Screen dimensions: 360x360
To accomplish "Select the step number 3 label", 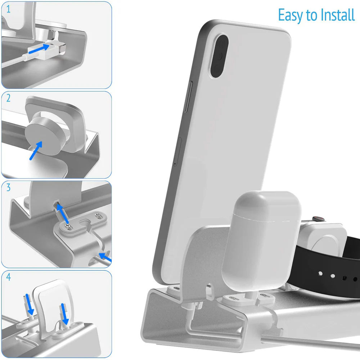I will (x=8, y=188).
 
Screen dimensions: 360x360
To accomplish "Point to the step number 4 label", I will (x=8, y=277).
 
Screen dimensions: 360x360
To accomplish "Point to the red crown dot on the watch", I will (x=318, y=219).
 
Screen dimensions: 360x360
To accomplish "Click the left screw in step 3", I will (x=67, y=225).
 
